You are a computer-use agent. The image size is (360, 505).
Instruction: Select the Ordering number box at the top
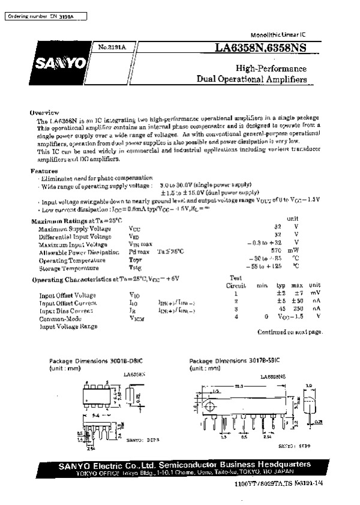tap(45, 17)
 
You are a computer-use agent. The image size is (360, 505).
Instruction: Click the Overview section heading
tap(44, 112)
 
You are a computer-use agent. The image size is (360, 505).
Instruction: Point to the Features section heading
tap(44, 171)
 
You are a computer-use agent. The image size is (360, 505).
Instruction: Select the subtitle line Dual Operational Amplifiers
tap(252, 79)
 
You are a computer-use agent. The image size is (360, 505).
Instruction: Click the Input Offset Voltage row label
tap(67, 295)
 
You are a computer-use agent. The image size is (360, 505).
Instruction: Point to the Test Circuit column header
tap(236, 282)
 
